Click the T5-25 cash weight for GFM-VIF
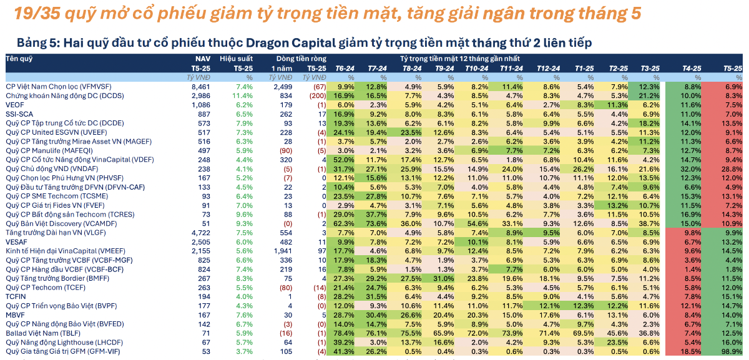(732, 352)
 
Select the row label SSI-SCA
(19, 114)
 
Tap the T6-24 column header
(345, 69)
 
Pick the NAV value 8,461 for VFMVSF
(201, 87)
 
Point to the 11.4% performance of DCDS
(242, 96)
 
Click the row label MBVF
(15, 315)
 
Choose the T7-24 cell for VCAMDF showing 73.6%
(376, 223)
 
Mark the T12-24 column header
(549, 69)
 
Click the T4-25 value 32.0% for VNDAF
(691, 169)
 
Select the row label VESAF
(16, 242)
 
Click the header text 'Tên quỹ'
(19, 59)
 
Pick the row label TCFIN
(16, 297)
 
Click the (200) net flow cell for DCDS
(318, 96)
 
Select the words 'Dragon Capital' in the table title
(291, 43)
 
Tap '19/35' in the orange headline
(37, 13)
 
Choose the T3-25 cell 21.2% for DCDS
(649, 96)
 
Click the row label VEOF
(15, 105)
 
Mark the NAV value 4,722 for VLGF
(201, 233)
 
